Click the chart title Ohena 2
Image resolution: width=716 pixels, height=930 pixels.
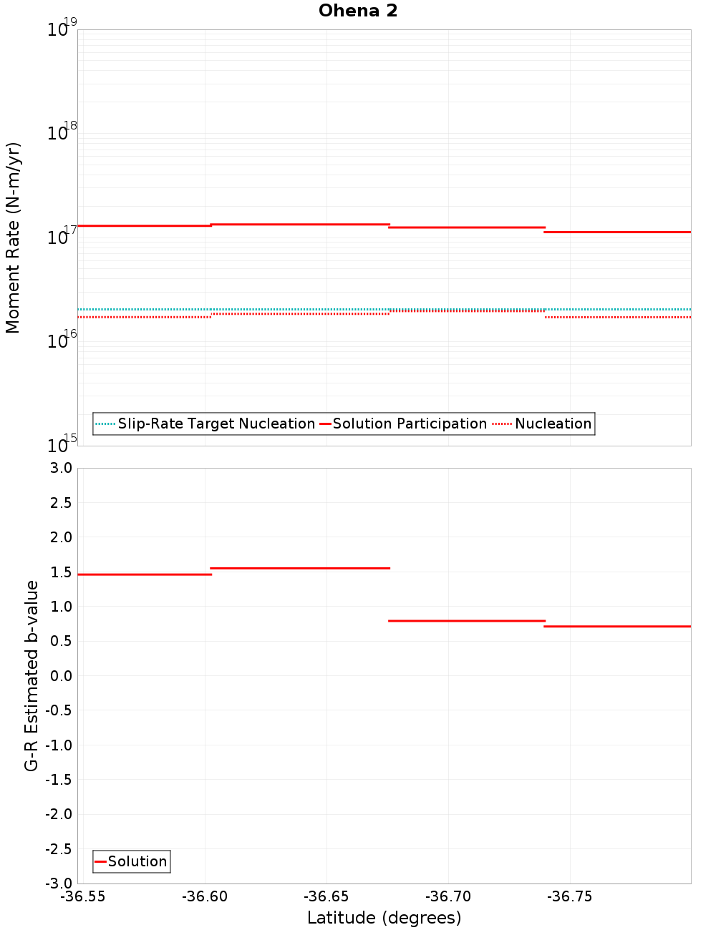pyautogui.click(x=358, y=11)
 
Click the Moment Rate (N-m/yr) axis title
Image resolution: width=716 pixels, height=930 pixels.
pyautogui.click(x=13, y=238)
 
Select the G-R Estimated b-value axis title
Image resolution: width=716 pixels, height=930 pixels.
pyautogui.click(x=32, y=675)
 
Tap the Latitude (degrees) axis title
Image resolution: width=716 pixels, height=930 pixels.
pyautogui.click(x=384, y=918)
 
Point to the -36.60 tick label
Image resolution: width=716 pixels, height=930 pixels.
pyautogui.click(x=205, y=897)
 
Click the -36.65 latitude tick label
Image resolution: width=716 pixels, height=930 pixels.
pyautogui.click(x=326, y=897)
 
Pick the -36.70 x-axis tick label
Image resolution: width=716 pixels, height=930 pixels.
pyautogui.click(x=448, y=897)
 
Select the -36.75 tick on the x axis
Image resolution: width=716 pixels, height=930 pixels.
pyautogui.click(x=569, y=897)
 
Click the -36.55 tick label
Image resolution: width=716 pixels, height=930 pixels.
pyautogui.click(x=83, y=897)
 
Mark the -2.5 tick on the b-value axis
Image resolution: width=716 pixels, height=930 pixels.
pyautogui.click(x=59, y=849)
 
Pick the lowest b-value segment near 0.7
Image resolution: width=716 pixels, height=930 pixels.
pyautogui.click(x=617, y=627)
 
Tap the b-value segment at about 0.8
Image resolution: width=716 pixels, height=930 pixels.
pyautogui.click(x=467, y=621)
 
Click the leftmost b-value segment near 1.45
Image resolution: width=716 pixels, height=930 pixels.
pyautogui.click(x=144, y=574)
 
